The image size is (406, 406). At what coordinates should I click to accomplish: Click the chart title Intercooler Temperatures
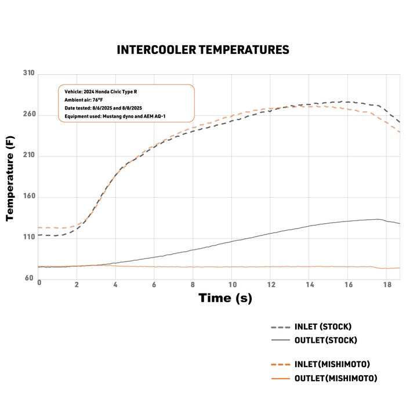[203, 50]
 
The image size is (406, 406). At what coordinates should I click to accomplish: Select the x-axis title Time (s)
[226, 299]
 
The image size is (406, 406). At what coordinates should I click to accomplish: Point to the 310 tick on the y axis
[29, 74]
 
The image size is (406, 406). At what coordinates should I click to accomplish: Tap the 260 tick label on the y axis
[29, 115]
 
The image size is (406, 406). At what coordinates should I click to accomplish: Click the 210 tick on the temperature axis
[29, 155]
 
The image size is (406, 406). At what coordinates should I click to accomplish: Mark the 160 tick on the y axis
[29, 197]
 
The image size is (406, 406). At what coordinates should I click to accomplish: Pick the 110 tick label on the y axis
[29, 237]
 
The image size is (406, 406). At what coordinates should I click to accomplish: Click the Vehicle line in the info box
[101, 92]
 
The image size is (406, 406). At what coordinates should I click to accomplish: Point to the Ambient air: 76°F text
[84, 100]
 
